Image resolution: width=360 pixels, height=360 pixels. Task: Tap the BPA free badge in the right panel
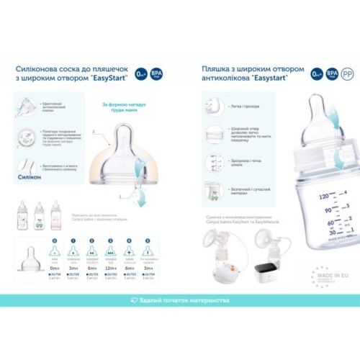coord(333,73)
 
